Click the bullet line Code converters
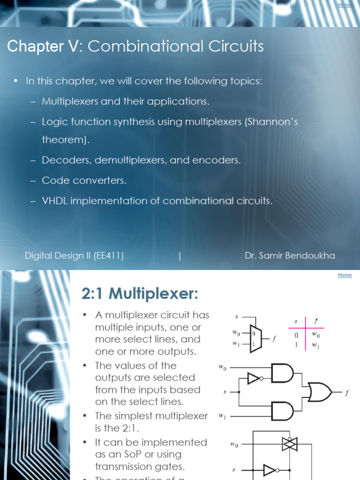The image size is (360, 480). (x=84, y=180)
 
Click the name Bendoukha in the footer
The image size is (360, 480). (x=312, y=255)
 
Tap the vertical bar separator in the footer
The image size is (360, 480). (x=180, y=255)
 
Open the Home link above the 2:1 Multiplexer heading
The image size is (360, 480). (x=345, y=275)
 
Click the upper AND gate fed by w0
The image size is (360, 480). (x=282, y=374)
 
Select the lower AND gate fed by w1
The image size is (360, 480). (x=282, y=411)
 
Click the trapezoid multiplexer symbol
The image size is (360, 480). (x=255, y=338)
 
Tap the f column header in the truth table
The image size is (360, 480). (x=316, y=322)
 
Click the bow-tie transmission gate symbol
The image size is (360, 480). (x=290, y=444)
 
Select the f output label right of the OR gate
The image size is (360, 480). (x=347, y=393)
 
